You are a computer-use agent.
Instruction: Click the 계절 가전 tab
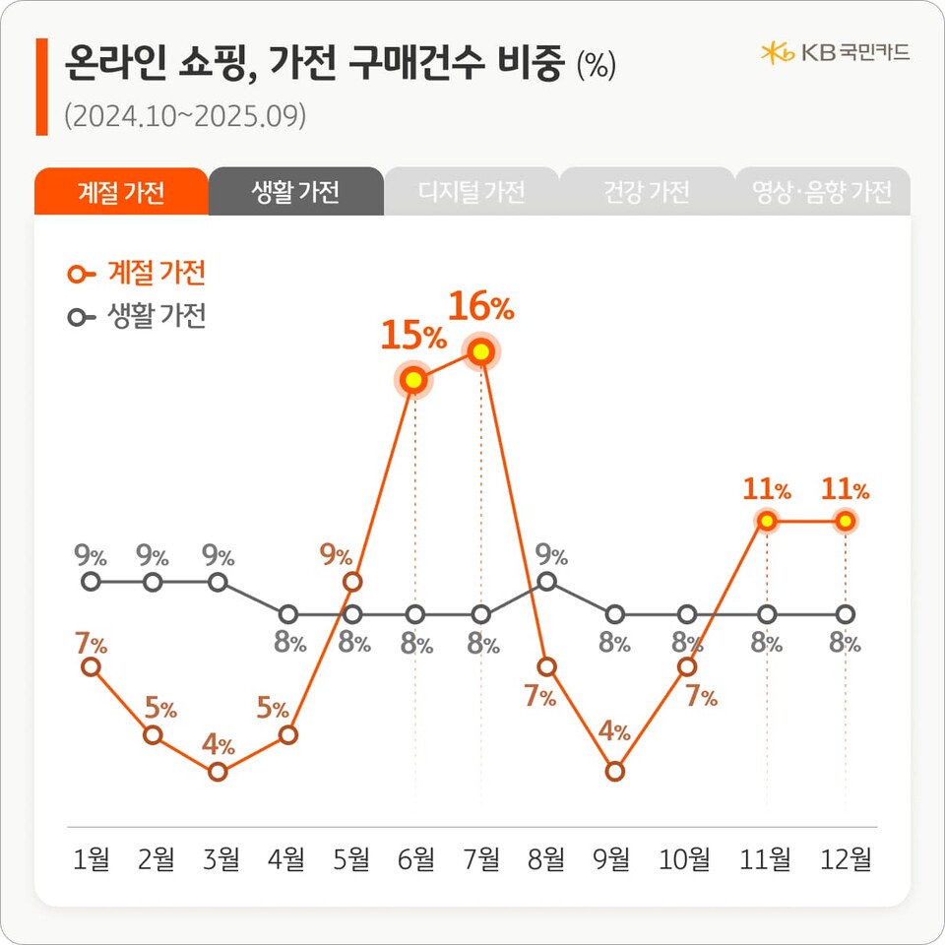(x=120, y=192)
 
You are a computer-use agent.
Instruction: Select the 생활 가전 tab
(x=295, y=192)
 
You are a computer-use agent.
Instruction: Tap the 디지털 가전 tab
(x=471, y=192)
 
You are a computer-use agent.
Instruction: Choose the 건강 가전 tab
(x=646, y=192)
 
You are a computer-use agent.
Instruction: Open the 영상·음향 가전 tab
(x=821, y=192)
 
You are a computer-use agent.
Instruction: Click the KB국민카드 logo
(x=835, y=52)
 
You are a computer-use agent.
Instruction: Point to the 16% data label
(x=481, y=307)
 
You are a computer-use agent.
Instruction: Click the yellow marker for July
(x=481, y=350)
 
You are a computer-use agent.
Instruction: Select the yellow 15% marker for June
(x=414, y=380)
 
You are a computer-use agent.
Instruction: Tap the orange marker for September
(x=615, y=772)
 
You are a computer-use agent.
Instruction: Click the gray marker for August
(x=548, y=582)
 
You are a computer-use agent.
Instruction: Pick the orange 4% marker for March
(x=219, y=772)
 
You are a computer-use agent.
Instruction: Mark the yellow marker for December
(x=845, y=521)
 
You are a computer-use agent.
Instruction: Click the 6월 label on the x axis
(x=415, y=860)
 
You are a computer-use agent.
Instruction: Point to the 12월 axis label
(x=847, y=860)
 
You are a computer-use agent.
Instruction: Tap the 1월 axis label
(x=92, y=860)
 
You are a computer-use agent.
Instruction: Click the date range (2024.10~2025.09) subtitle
(x=185, y=116)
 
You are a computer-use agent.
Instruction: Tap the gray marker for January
(x=91, y=582)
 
